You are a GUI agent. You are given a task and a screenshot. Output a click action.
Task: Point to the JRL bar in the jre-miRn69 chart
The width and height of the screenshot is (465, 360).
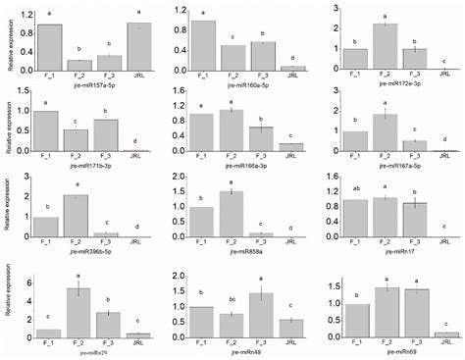448,334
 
